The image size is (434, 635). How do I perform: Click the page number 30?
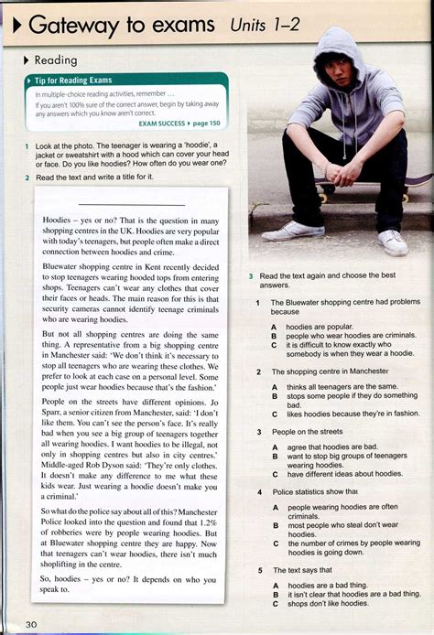click(x=32, y=624)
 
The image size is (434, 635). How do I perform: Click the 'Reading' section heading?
click(x=55, y=60)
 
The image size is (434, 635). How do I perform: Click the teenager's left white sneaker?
click(x=393, y=242)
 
